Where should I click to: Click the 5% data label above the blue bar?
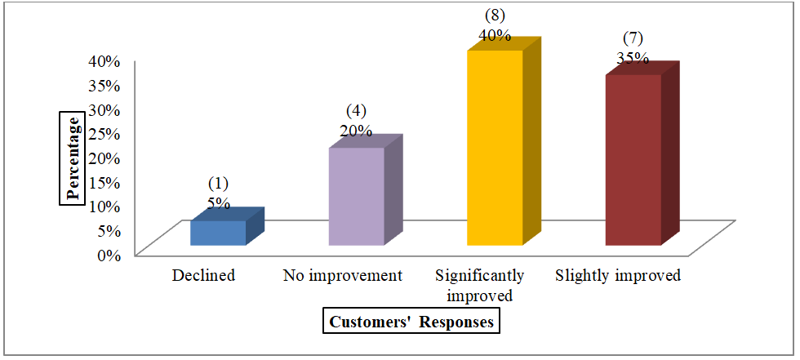219,202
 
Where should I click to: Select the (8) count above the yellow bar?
495,16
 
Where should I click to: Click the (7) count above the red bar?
633,39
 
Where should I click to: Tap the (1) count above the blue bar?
219,184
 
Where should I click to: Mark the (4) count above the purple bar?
357,111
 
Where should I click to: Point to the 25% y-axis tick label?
104,133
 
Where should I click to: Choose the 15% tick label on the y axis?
104,181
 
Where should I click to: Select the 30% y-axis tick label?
104,109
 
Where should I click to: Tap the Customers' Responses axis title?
411,322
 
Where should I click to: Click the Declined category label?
204,276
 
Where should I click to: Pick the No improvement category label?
343,276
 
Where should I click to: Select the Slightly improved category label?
618,276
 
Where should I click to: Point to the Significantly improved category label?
480,286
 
